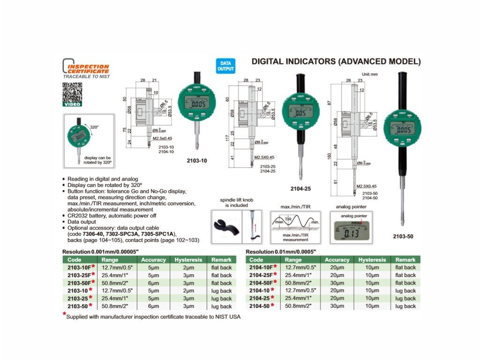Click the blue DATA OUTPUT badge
click(x=225, y=66)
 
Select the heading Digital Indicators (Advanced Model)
click(x=336, y=61)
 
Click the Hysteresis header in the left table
click(x=188, y=260)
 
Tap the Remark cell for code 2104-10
click(x=405, y=291)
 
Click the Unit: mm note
click(x=370, y=74)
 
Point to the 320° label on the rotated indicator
click(x=94, y=127)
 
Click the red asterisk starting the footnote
click(x=65, y=315)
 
